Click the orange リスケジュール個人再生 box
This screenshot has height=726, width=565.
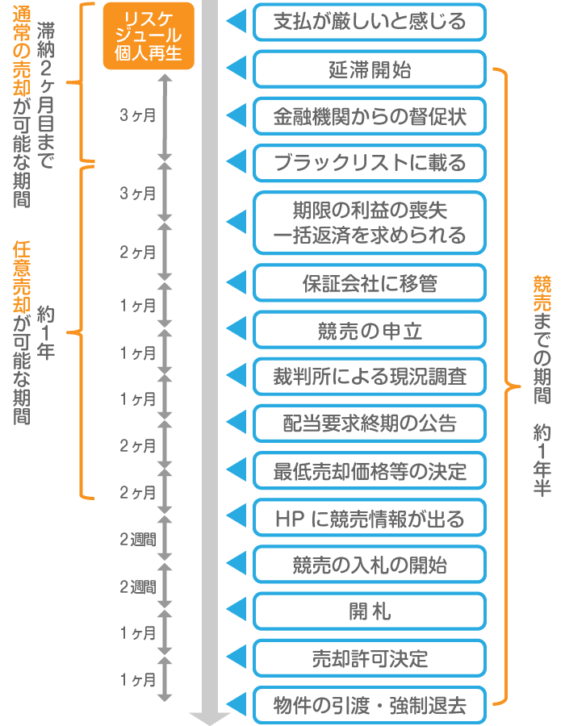tap(149, 36)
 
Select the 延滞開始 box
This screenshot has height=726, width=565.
tap(370, 69)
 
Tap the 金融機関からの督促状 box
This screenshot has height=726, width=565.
tap(370, 116)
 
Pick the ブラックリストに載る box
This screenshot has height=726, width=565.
tap(370, 163)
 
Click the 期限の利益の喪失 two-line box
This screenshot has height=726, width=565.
tap(370, 223)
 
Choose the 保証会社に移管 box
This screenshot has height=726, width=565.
tap(370, 283)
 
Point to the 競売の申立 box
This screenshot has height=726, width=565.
tap(370, 330)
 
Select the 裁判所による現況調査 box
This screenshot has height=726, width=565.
tap(370, 377)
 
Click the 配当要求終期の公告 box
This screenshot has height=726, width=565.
tap(370, 423)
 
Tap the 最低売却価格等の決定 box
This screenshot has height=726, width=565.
tap(370, 470)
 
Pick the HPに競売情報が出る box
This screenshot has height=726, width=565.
tap(370, 518)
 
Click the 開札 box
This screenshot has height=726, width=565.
tap(370, 611)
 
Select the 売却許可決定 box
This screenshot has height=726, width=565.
tap(370, 658)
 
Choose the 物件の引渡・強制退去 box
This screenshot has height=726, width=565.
tap(370, 705)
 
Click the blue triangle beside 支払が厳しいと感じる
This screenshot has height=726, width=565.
tap(236, 21)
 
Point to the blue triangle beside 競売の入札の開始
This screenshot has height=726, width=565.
tap(236, 563)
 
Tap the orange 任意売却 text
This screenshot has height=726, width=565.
tap(22, 277)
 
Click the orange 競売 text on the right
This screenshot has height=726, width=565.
tap(542, 293)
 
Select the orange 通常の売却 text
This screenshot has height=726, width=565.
tap(22, 51)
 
